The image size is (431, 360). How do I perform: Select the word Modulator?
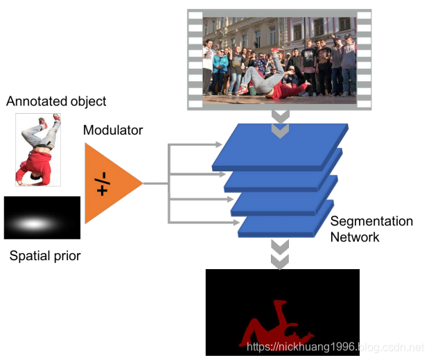click(x=113, y=130)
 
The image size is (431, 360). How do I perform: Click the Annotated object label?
click(x=56, y=101)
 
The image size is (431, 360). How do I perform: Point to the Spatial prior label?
click(x=45, y=256)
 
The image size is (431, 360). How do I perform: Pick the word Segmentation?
click(x=371, y=222)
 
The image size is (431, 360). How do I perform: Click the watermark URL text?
click(x=335, y=346)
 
